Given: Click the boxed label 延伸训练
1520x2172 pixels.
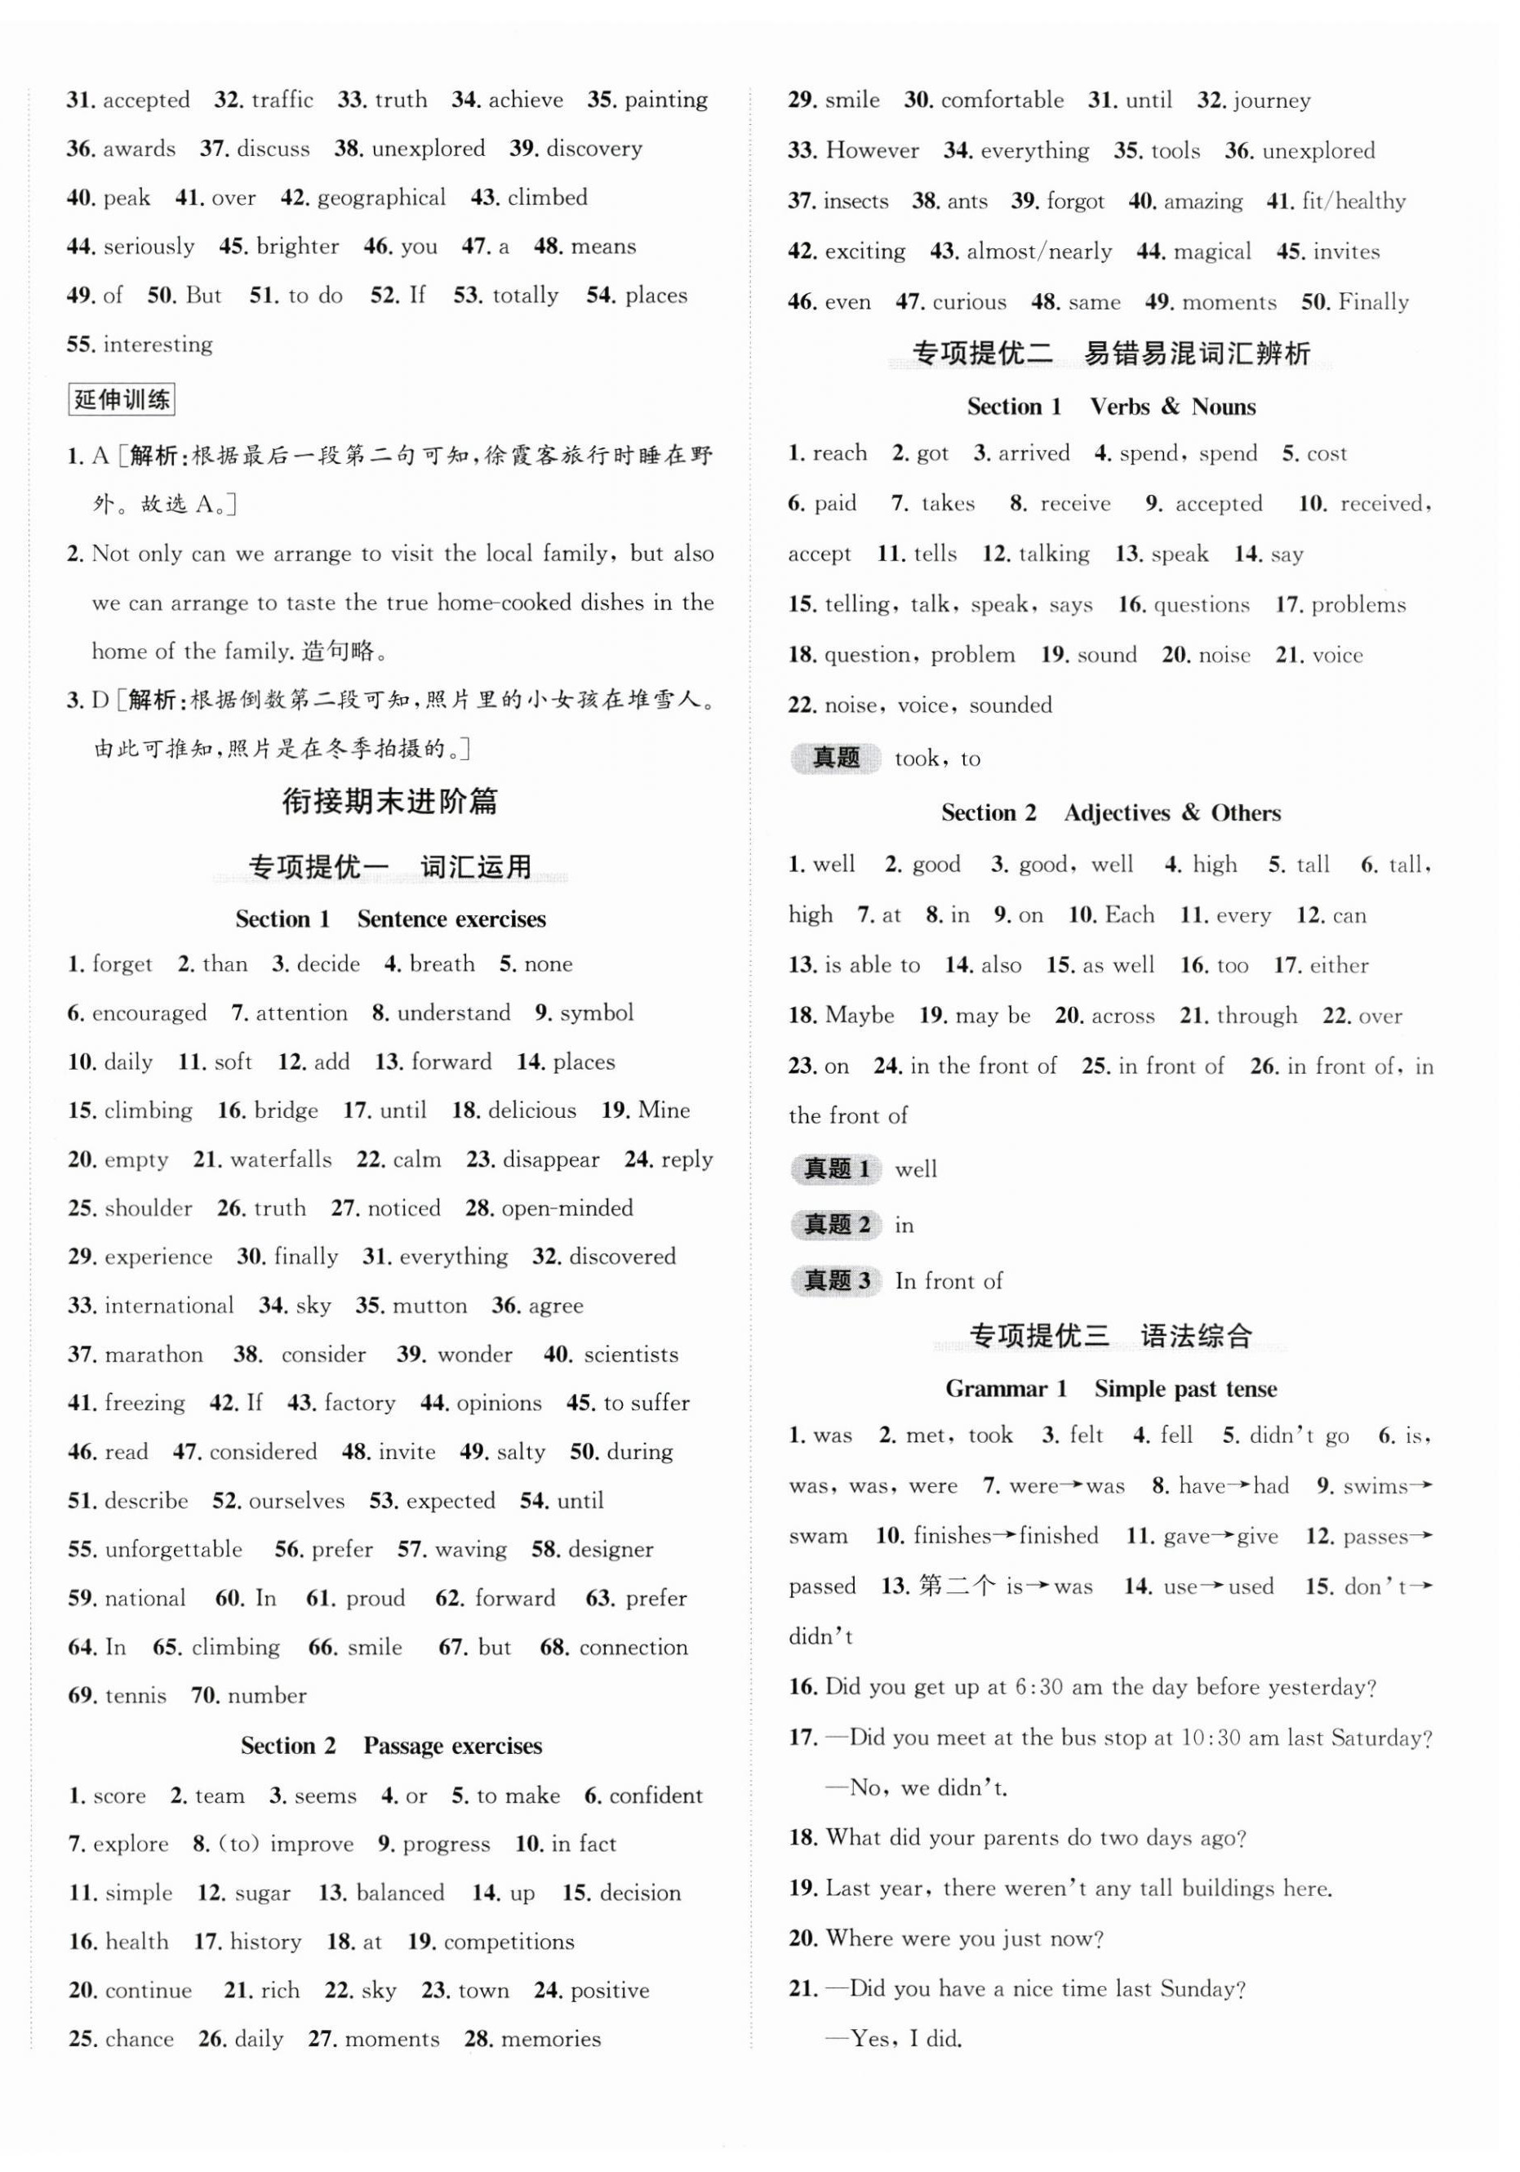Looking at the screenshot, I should click(x=122, y=400).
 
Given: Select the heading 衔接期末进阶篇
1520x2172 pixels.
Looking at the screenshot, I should click(x=389, y=802).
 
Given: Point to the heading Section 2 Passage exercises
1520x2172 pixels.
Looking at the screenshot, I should click(x=391, y=1746).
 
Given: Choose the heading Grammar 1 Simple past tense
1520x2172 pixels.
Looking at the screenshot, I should click(x=1110, y=1389).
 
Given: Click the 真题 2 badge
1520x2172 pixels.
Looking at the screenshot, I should click(x=836, y=1225).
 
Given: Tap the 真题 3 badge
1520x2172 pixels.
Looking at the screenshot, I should click(x=836, y=1281).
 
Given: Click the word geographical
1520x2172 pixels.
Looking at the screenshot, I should click(x=381, y=198).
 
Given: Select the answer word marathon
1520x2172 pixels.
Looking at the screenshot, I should click(x=153, y=1355).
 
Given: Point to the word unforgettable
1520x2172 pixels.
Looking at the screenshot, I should click(x=173, y=1550).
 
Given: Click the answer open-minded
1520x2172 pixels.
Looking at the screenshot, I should click(x=567, y=1208).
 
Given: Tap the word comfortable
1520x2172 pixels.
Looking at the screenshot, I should click(x=1002, y=100).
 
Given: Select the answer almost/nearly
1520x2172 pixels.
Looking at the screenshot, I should click(x=1038, y=251).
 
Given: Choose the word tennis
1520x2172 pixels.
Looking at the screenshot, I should click(x=136, y=1696).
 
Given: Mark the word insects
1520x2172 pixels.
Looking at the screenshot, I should click(x=856, y=202).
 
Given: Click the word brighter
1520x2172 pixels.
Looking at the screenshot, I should click(x=297, y=247).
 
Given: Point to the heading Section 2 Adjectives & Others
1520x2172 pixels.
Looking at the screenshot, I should click(x=1110, y=812).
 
